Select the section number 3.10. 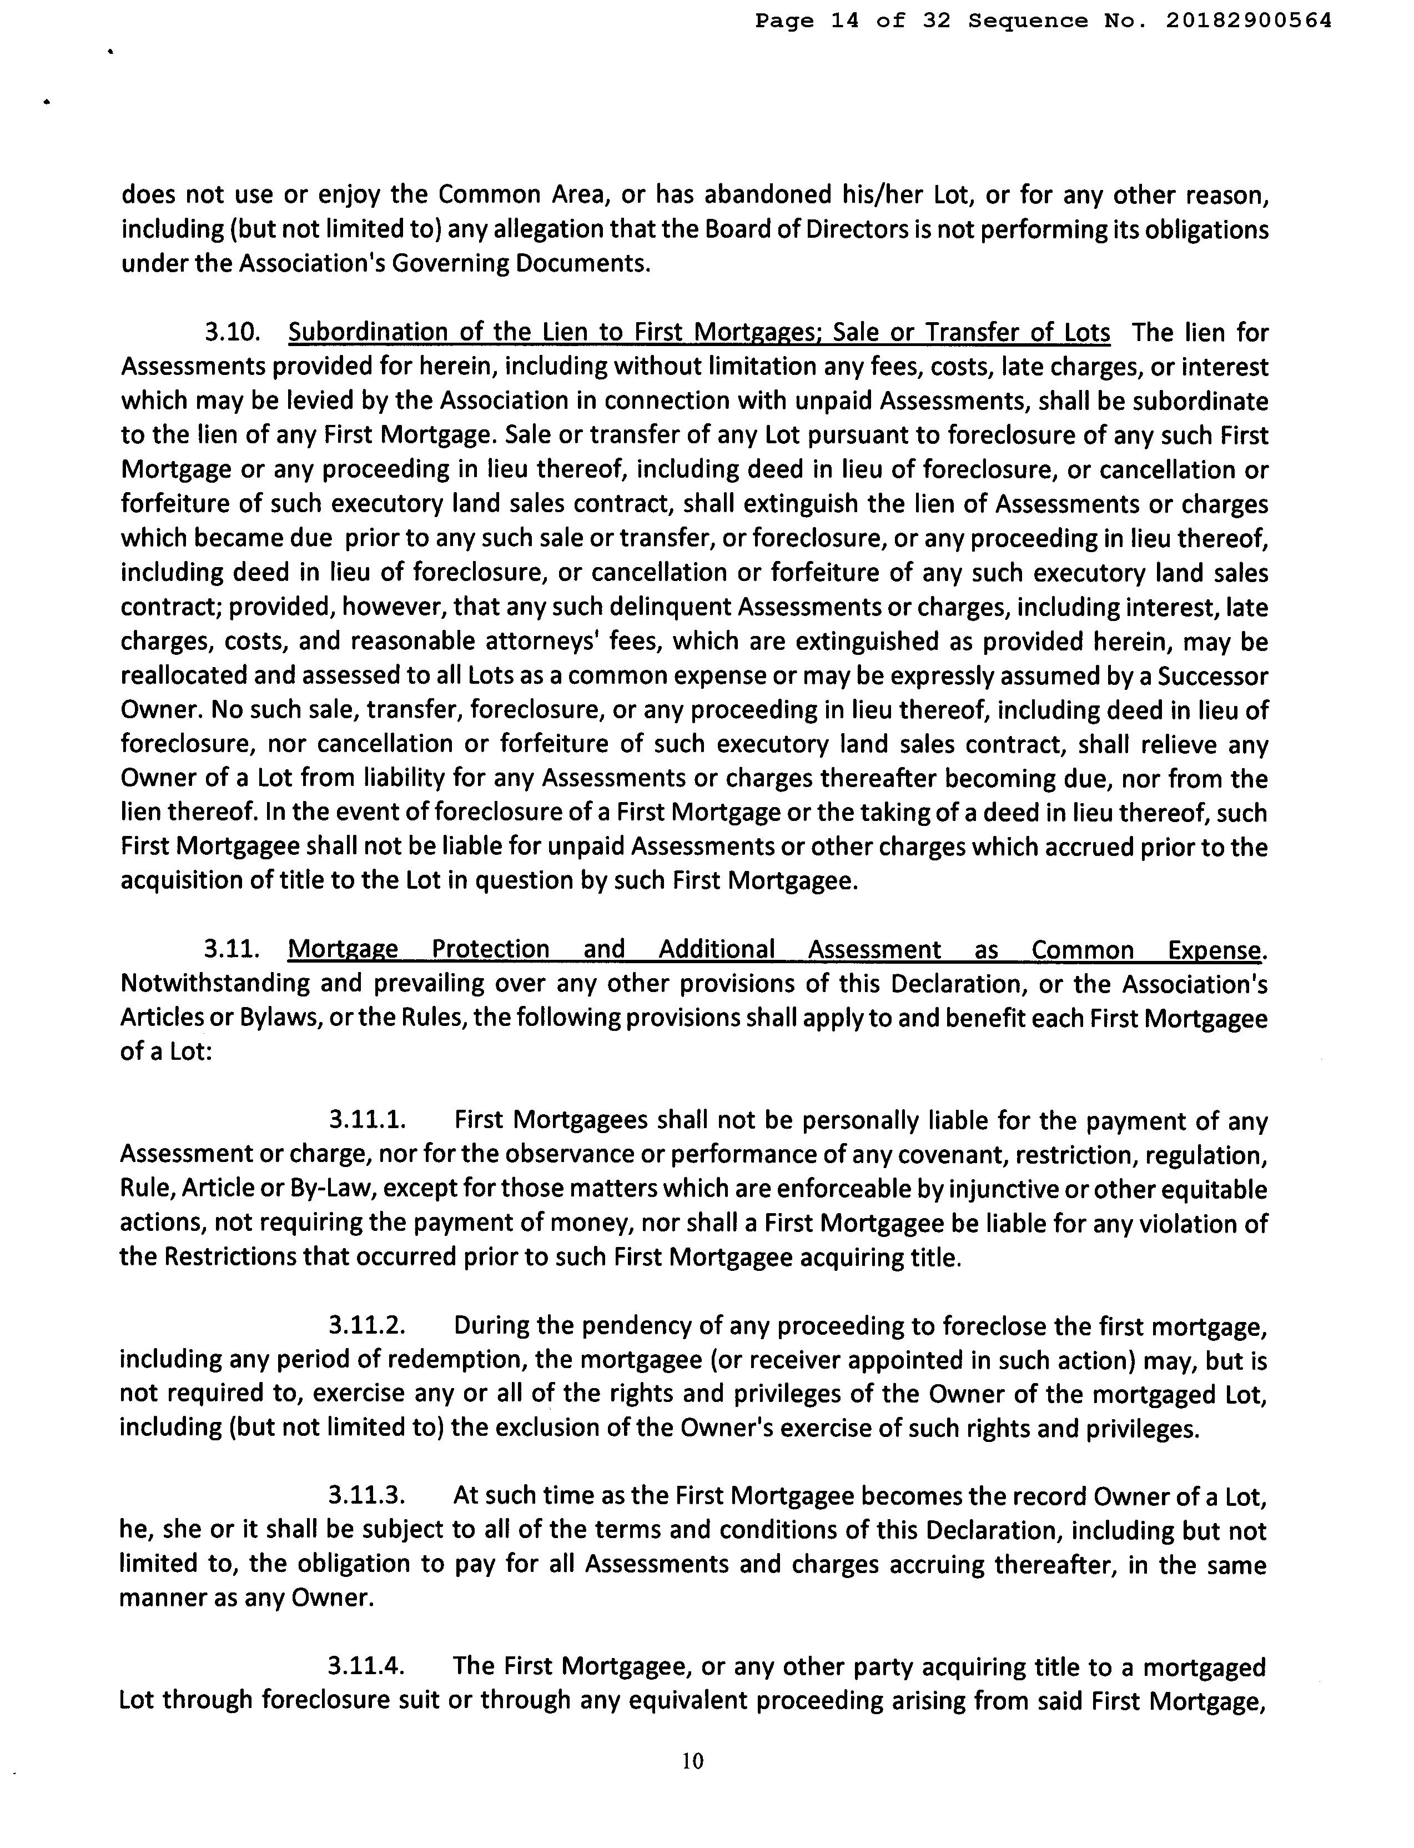pos(230,333)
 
